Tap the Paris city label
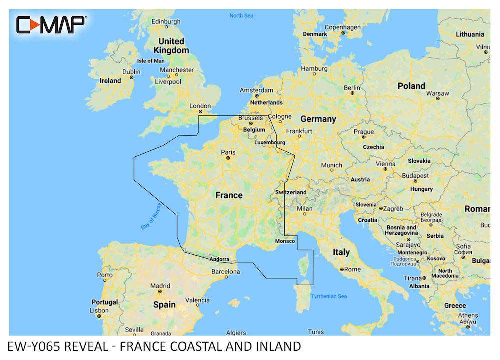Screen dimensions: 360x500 point(228,152)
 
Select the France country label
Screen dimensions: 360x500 point(229,195)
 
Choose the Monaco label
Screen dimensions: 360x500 point(285,241)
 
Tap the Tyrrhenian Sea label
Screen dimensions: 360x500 point(328,296)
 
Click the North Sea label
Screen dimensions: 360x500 point(241,16)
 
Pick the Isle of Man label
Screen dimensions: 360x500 point(150,61)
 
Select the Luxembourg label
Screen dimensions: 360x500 point(270,142)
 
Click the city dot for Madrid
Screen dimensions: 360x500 point(160,291)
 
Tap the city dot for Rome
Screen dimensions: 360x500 point(341,269)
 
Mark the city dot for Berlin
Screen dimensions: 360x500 point(352,93)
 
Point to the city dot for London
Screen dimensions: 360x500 point(200,111)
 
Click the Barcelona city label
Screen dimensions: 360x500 point(226,272)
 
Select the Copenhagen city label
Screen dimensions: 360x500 point(343,27)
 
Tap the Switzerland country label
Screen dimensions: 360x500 point(291,192)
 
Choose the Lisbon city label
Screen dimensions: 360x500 point(99,310)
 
